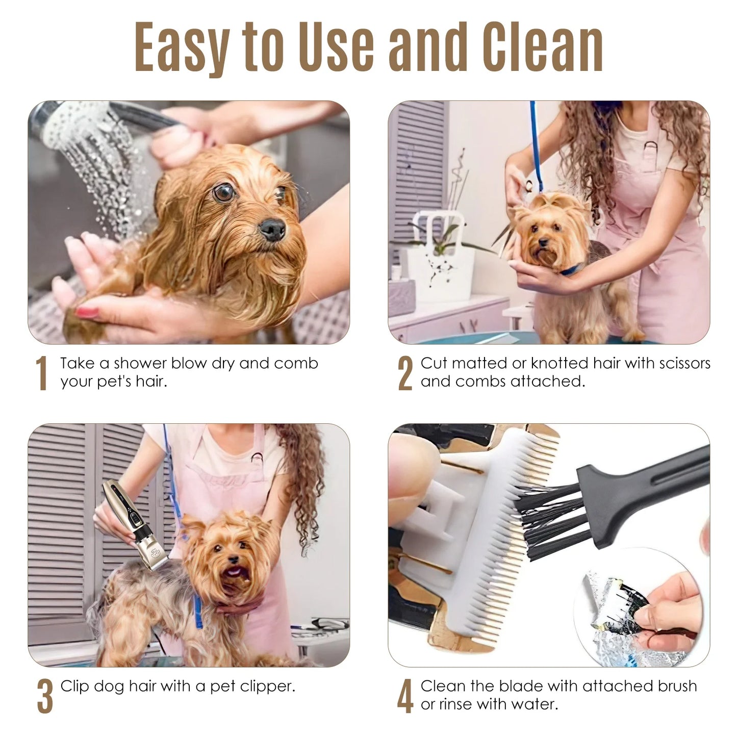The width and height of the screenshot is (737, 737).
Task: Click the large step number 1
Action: coord(42,373)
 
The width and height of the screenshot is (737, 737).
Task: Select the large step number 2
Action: coord(405,373)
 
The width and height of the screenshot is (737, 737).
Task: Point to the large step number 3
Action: coord(45,696)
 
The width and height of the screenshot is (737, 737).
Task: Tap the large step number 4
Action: coord(405,696)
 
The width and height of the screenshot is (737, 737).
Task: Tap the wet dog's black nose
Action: coord(272,229)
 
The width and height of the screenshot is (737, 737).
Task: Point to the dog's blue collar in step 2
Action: coord(571,269)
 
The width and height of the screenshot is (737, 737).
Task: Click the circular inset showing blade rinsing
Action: coord(640,607)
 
